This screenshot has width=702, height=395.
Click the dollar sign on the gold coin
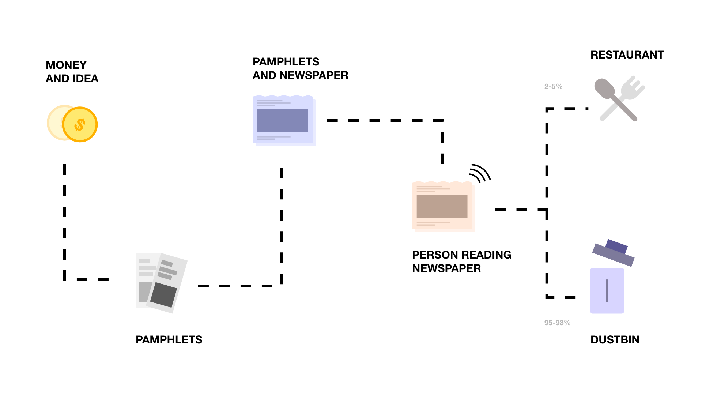tap(80, 125)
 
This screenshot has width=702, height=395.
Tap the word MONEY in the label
tap(66, 65)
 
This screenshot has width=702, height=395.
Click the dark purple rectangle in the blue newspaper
tap(283, 120)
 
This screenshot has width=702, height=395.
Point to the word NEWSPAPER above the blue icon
tap(314, 75)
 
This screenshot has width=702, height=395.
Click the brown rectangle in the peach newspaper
tap(442, 206)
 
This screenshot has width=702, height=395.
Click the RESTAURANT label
tap(627, 55)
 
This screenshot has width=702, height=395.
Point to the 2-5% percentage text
tap(553, 87)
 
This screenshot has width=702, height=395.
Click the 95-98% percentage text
tap(557, 323)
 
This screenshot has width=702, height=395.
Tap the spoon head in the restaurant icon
tap(604, 88)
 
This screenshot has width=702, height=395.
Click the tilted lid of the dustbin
tap(613, 255)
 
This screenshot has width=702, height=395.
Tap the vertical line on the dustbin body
tap(607, 291)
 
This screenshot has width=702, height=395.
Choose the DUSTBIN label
tap(615, 340)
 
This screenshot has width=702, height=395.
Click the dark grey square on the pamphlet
tap(163, 294)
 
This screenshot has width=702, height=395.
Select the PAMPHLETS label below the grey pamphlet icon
tap(169, 340)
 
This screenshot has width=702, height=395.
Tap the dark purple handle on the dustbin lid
tap(617, 246)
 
